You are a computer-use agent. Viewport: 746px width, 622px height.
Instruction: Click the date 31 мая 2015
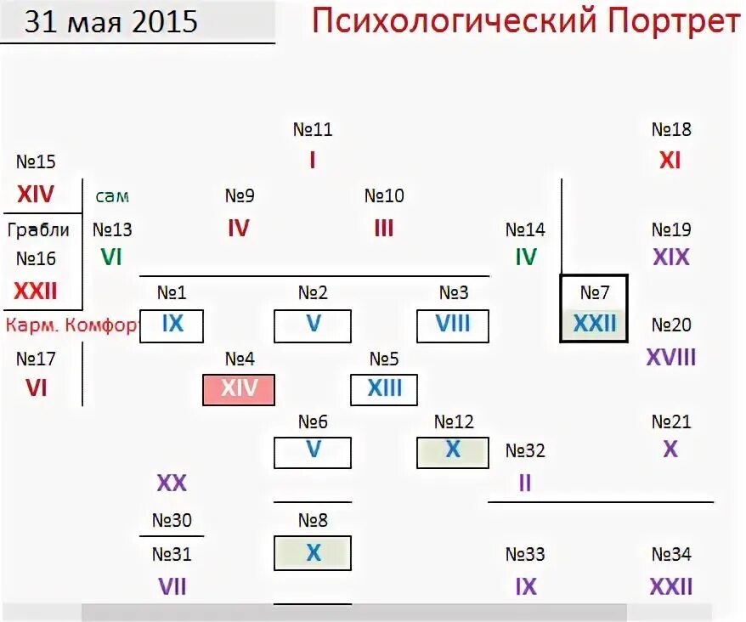click(110, 21)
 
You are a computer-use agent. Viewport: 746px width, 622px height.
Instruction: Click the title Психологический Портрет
click(524, 20)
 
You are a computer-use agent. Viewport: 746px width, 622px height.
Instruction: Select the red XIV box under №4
click(240, 389)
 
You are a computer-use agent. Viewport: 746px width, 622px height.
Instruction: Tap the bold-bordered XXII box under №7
click(595, 323)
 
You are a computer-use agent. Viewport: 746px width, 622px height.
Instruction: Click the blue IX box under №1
click(172, 325)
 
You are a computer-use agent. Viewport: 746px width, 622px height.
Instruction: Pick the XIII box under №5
click(385, 389)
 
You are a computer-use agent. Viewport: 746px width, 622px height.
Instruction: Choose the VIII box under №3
click(454, 325)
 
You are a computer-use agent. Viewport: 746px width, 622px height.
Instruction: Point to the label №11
click(313, 130)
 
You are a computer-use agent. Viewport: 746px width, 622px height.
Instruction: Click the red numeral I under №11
click(313, 160)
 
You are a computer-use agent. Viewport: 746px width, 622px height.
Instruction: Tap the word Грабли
click(38, 229)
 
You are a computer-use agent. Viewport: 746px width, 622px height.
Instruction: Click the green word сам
click(112, 196)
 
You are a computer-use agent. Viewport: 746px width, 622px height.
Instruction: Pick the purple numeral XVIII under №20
click(671, 357)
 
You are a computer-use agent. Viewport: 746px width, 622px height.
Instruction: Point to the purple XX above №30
click(172, 483)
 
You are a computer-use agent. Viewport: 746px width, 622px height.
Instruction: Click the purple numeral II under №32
click(525, 483)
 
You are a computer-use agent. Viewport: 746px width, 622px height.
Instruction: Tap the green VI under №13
click(112, 257)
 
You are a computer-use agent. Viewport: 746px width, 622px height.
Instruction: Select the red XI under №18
click(671, 160)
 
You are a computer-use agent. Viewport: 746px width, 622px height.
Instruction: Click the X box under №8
click(313, 553)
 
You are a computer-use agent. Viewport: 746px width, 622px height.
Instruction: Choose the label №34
click(671, 555)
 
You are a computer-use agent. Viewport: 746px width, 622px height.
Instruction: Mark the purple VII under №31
click(172, 586)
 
